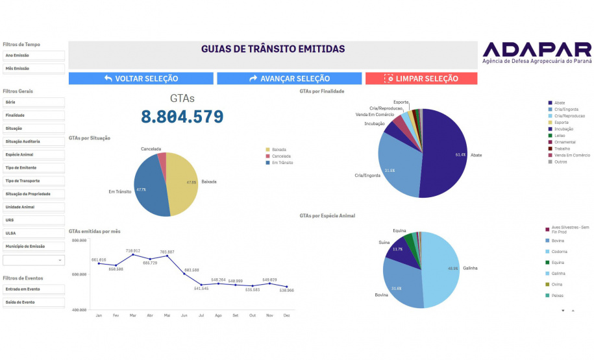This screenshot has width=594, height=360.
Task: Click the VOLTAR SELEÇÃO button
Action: (141, 78)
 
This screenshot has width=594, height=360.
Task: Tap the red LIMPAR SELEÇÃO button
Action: (421, 78)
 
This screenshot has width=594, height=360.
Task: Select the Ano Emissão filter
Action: (34, 56)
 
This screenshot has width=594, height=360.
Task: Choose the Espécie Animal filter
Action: (34, 154)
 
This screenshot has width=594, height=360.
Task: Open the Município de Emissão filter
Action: (34, 246)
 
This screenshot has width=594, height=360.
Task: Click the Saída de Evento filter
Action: (34, 302)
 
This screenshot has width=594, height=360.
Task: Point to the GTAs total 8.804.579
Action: (182, 117)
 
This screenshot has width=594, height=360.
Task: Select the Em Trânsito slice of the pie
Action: (146, 188)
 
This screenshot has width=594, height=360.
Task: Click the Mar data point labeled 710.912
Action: (133, 254)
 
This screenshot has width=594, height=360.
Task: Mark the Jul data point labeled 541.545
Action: (201, 285)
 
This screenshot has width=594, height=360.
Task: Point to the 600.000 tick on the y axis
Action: (79, 275)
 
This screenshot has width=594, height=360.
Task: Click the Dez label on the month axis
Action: (286, 315)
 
